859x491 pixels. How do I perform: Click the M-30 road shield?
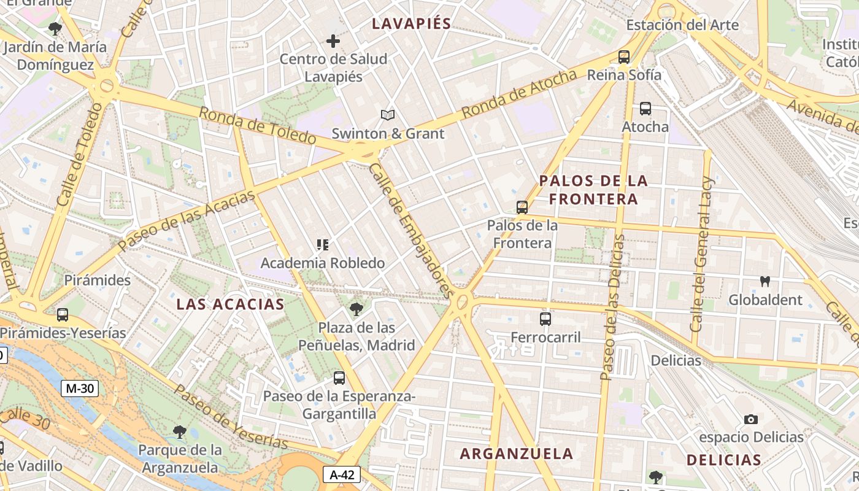[x=80, y=388]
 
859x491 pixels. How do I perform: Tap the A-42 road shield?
[x=342, y=474]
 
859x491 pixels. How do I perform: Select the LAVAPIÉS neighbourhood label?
[x=412, y=24]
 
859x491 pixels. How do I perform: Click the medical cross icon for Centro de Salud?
[x=333, y=41]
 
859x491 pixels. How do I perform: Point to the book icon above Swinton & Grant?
[x=387, y=115]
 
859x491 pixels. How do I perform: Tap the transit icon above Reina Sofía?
[x=624, y=57]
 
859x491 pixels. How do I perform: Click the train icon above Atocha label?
[x=645, y=109]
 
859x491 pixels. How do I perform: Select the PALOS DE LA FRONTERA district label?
[x=593, y=190]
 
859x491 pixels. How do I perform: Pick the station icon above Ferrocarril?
[x=545, y=319]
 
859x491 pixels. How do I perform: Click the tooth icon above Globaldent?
[x=765, y=282]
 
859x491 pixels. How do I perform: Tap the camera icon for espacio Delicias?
[x=750, y=419]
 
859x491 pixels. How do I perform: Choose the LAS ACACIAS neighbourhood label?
[x=231, y=304]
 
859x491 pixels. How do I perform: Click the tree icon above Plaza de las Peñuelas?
[x=356, y=309]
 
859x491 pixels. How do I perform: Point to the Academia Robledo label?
[x=323, y=263]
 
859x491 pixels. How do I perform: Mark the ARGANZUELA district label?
[x=517, y=454]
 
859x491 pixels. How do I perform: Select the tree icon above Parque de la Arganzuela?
[x=179, y=432]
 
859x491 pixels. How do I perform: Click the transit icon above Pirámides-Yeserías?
[x=63, y=315]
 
